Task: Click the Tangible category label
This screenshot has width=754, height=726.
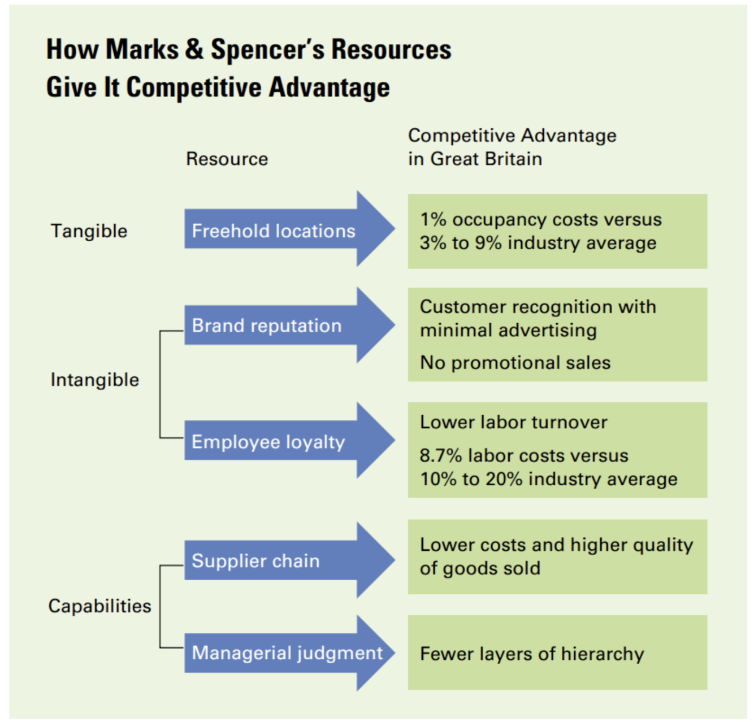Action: point(89,231)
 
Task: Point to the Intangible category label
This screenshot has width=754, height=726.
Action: point(94,380)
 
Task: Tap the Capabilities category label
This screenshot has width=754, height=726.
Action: point(99,606)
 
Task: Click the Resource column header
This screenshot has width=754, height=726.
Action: point(227,159)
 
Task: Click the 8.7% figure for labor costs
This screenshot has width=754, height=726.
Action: point(440,455)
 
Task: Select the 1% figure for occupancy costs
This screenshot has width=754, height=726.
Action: point(433,219)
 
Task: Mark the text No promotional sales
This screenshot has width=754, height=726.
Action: point(515,363)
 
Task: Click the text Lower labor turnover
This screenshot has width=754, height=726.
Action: point(513,422)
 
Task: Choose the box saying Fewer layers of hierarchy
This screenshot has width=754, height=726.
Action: point(557,653)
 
